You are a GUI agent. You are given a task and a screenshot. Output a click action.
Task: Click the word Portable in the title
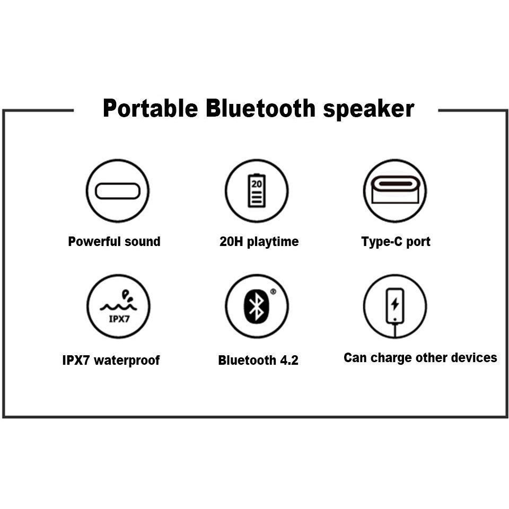[x=150, y=109]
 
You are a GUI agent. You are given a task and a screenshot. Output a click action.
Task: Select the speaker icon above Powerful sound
[x=117, y=191]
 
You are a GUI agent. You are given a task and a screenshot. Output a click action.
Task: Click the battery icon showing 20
[x=257, y=191]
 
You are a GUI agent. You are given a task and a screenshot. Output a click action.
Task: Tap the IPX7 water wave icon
[x=118, y=306]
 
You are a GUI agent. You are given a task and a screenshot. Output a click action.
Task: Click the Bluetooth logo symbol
[x=257, y=306]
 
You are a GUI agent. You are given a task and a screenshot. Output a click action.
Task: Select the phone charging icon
[x=394, y=305]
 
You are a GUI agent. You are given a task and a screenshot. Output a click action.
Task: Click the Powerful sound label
[x=114, y=242]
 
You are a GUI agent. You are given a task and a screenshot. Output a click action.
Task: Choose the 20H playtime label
[x=259, y=242]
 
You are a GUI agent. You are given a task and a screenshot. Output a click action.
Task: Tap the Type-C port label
[x=396, y=242]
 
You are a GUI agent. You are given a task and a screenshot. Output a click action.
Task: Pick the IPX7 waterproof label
[x=111, y=361]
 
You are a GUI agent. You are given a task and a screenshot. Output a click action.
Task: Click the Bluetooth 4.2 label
[x=258, y=361]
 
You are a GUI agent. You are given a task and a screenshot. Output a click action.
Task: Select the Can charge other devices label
[x=420, y=358]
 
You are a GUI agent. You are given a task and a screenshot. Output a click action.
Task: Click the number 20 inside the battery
[x=257, y=184]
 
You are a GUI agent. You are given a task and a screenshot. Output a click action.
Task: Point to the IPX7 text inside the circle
[x=118, y=319]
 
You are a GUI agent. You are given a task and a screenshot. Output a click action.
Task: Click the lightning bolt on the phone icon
[x=394, y=304]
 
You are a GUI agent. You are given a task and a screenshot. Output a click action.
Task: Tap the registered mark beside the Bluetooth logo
[x=273, y=291]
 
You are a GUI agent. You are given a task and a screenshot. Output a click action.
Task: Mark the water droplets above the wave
[x=125, y=293]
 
